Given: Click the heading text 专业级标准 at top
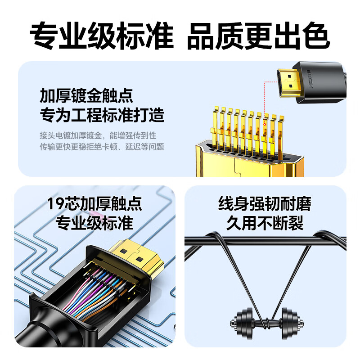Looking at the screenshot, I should click(101, 35).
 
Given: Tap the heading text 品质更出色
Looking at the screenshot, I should click(258, 35).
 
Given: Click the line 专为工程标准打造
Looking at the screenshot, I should click(102, 116).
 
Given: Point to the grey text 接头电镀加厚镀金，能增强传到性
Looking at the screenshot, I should click(98, 135).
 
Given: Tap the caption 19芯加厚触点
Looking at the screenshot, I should click(94, 205).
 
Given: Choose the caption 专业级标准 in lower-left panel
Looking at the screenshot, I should click(94, 223).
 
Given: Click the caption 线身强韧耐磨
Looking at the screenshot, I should click(265, 205).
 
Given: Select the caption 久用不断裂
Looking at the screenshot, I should click(265, 223).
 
